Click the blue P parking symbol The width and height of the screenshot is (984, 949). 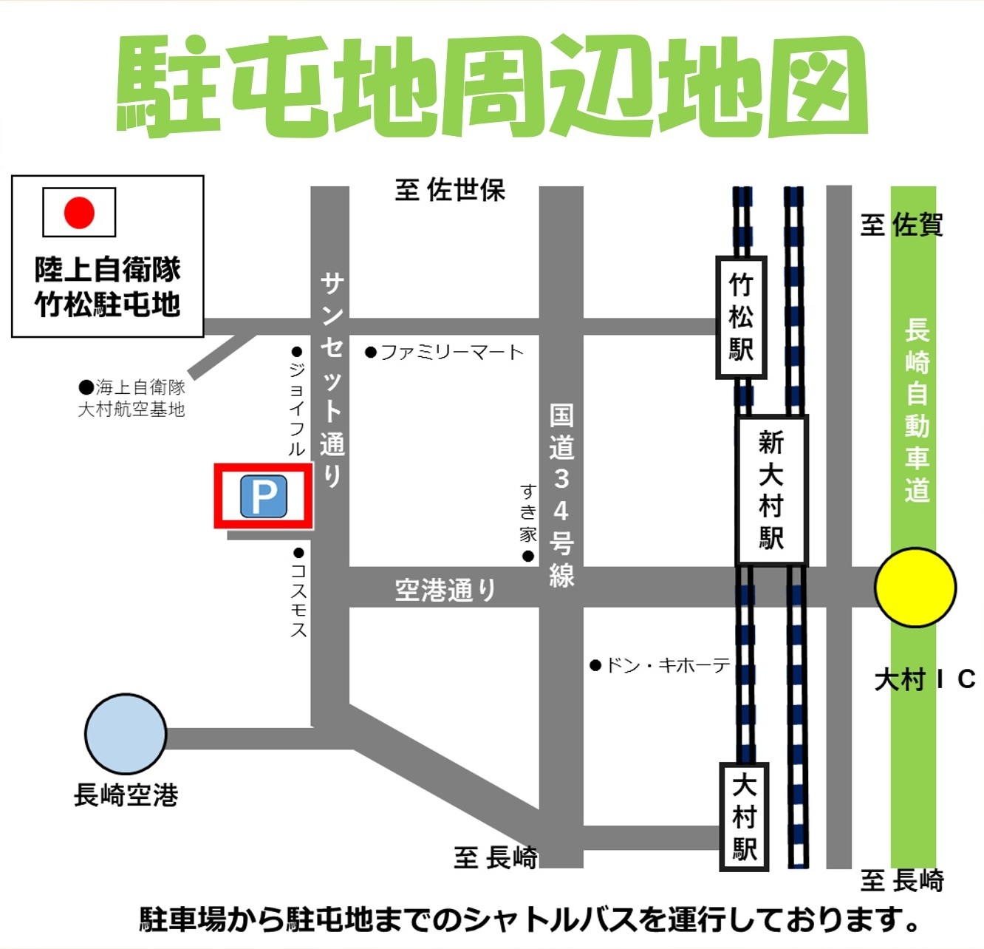click(x=263, y=497)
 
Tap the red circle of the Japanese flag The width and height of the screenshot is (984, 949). click(x=79, y=213)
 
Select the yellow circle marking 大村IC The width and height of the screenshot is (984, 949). click(x=915, y=588)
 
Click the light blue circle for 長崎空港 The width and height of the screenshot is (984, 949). click(x=126, y=734)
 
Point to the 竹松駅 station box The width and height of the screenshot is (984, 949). click(x=741, y=317)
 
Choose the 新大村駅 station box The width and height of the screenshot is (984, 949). click(x=772, y=490)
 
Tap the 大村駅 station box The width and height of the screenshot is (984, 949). click(x=745, y=817)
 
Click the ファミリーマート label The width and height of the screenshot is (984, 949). click(x=445, y=353)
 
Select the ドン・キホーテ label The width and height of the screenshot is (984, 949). click(x=661, y=666)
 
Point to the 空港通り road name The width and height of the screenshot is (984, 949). click(x=445, y=590)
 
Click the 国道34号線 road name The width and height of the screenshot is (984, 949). click(x=561, y=495)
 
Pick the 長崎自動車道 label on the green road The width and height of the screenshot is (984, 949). click(x=917, y=410)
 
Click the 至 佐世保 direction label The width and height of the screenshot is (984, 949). click(x=450, y=191)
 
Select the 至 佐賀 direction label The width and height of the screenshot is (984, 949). click(x=902, y=225)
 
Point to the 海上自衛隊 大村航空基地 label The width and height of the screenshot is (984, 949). click(x=132, y=398)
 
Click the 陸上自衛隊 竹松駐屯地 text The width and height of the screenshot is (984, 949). click(x=108, y=287)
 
